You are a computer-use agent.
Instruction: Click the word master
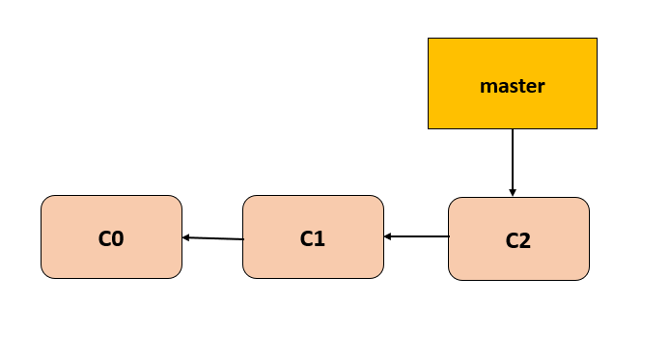(x=513, y=86)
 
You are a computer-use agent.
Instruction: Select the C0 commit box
(x=111, y=236)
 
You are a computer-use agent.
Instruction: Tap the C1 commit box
(x=313, y=236)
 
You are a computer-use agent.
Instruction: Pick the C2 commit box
(x=518, y=239)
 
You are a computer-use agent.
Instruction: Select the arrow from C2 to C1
(x=417, y=235)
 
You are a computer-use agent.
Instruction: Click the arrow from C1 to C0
(x=213, y=238)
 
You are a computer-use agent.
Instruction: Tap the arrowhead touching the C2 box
(x=513, y=192)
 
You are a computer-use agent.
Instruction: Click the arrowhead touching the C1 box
(x=388, y=235)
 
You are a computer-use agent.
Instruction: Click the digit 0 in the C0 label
(x=118, y=237)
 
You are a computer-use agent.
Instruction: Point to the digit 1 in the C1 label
(x=320, y=237)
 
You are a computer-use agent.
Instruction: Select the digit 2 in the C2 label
(x=525, y=240)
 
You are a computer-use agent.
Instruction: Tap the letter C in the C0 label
(x=104, y=237)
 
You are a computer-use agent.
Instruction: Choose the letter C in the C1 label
(x=306, y=237)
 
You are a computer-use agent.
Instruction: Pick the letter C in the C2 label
(x=512, y=240)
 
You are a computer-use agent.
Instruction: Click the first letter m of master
(x=487, y=87)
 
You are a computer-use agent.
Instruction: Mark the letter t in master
(x=520, y=86)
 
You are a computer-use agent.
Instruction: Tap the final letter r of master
(x=542, y=87)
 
